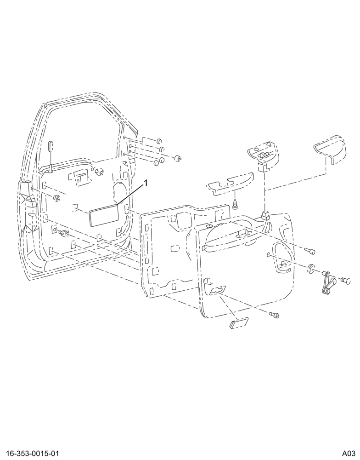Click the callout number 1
click(145, 184)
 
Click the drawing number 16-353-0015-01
click(30, 454)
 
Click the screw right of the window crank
click(346, 281)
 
